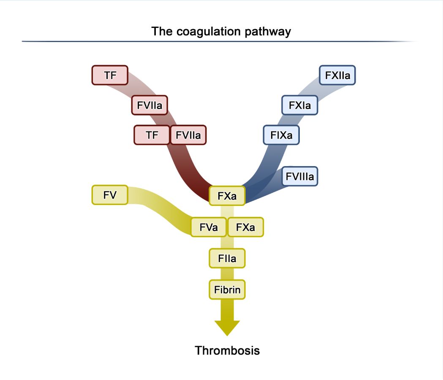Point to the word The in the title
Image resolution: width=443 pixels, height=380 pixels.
click(161, 32)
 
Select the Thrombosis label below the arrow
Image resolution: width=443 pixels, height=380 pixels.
click(227, 350)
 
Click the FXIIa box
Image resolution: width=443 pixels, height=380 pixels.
click(337, 75)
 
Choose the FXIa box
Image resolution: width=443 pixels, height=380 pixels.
click(299, 105)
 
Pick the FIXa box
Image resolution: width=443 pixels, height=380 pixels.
click(281, 135)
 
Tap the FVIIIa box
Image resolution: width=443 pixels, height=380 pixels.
click(300, 176)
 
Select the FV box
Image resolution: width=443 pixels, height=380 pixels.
click(109, 195)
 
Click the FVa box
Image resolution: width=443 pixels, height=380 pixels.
click(209, 227)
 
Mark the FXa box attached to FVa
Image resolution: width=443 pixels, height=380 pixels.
click(245, 227)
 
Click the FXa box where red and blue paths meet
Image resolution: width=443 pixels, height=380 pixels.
click(227, 196)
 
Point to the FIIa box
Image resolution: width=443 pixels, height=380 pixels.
click(227, 258)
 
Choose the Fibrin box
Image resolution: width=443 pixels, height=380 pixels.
click(227, 290)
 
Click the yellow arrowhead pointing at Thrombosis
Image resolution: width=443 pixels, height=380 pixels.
click(227, 328)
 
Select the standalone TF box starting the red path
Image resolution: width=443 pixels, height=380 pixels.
click(110, 75)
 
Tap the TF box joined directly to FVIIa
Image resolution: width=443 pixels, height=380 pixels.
click(152, 135)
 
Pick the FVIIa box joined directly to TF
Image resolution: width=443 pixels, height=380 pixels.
click(188, 135)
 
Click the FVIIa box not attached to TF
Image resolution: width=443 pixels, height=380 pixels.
click(149, 105)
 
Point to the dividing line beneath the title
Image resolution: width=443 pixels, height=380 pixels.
click(220, 41)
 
